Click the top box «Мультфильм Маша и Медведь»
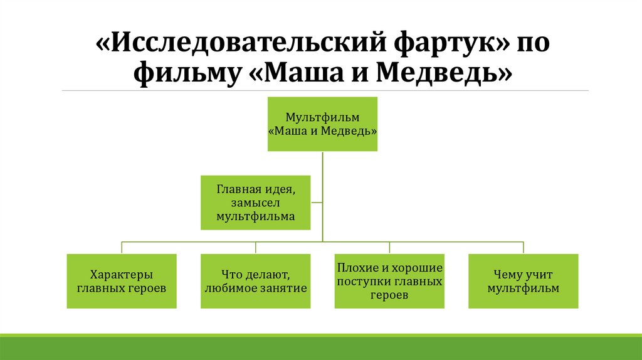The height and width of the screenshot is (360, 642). coord(322,124)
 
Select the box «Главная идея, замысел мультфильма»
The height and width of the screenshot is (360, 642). coord(255,203)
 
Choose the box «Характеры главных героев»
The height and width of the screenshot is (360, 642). coord(122,281)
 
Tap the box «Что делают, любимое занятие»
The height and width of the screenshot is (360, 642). coord(255,281)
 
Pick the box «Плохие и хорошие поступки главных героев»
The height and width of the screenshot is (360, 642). coord(389,281)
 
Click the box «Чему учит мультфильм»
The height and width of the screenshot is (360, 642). coord(523,281)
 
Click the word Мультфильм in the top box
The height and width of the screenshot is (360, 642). coord(322,117)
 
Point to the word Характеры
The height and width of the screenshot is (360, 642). coord(122,274)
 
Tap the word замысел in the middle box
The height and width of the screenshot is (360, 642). coord(255,203)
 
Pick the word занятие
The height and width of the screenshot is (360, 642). coord(283,289)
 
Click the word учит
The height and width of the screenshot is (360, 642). coord(538,274)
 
